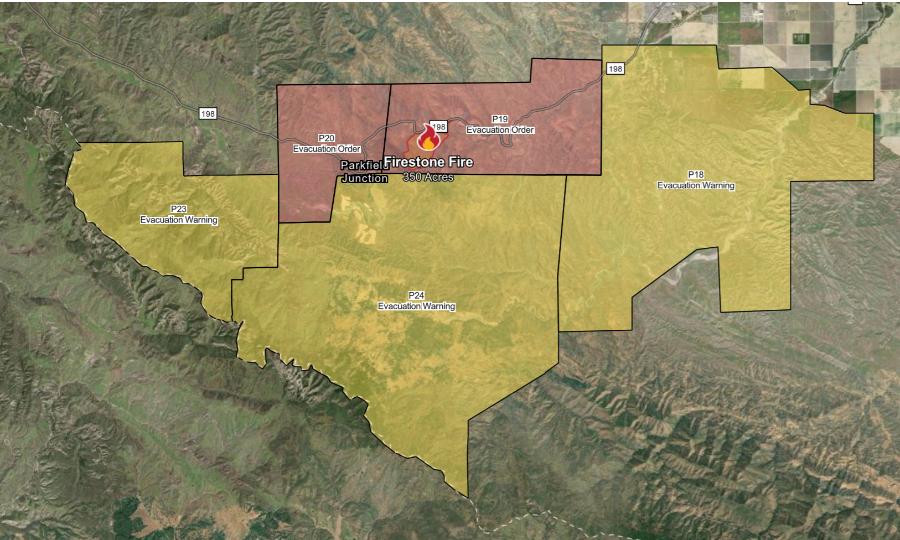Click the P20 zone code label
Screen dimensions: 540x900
[x=327, y=138]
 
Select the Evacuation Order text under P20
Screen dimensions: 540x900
[x=327, y=149]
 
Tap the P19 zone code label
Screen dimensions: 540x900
[x=500, y=119]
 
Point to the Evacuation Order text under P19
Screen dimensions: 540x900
[x=500, y=130]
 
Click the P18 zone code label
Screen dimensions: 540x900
[x=696, y=174]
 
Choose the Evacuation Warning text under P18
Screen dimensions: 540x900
[x=696, y=185]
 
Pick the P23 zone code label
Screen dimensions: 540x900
[x=178, y=209]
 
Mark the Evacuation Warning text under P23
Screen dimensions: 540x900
[x=178, y=220]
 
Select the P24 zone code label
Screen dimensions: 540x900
[x=416, y=295]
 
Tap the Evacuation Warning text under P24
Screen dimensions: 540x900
[x=416, y=306]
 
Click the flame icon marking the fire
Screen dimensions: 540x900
[x=427, y=138]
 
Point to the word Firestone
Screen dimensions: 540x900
[x=414, y=162]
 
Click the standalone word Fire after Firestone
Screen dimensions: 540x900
[x=461, y=162]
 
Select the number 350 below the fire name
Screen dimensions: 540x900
[x=412, y=177]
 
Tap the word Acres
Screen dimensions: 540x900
[x=439, y=177]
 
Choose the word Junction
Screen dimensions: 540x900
[x=364, y=178]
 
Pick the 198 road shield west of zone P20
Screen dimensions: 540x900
[x=208, y=114]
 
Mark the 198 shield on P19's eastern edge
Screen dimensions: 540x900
[x=615, y=69]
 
